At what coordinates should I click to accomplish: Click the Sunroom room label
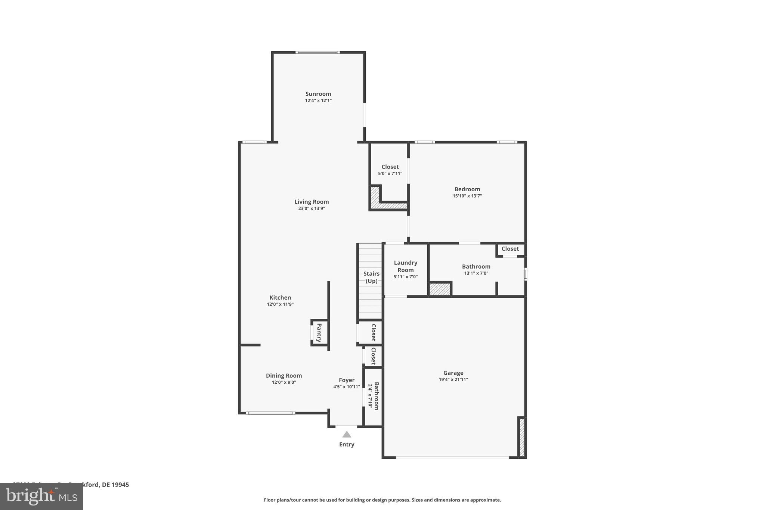pyautogui.click(x=318, y=94)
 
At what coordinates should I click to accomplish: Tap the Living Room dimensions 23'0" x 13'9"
pyautogui.click(x=311, y=208)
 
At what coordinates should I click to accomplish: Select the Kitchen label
pyautogui.click(x=280, y=297)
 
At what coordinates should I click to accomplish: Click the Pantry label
pyautogui.click(x=319, y=333)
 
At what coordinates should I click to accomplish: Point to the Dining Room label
pyautogui.click(x=284, y=375)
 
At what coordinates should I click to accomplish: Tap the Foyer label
pyautogui.click(x=346, y=380)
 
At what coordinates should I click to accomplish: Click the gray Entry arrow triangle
pyautogui.click(x=347, y=435)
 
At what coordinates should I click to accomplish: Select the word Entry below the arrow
pyautogui.click(x=347, y=444)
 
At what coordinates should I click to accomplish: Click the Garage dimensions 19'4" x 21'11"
pyautogui.click(x=453, y=380)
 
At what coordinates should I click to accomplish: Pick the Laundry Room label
pyautogui.click(x=405, y=266)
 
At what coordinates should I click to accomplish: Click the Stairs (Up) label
pyautogui.click(x=371, y=277)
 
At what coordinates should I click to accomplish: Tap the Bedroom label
pyautogui.click(x=467, y=189)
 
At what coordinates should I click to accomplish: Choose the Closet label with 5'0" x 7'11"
pyautogui.click(x=390, y=167)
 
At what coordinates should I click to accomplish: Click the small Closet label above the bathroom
pyautogui.click(x=510, y=249)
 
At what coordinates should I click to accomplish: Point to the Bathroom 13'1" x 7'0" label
pyautogui.click(x=476, y=266)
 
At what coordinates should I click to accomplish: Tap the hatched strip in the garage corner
pyautogui.click(x=522, y=438)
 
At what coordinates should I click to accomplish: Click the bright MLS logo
pyautogui.click(x=41, y=496)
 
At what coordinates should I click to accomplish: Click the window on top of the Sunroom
pyautogui.click(x=318, y=52)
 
